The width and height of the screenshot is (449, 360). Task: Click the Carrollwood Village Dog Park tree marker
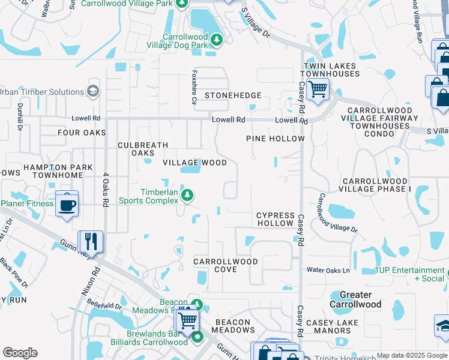click(x=217, y=40)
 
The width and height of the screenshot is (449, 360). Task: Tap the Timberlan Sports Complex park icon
click(x=188, y=194)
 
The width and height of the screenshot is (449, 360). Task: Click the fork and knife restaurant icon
click(x=91, y=241)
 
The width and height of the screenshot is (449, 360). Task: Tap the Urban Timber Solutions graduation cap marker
click(x=93, y=91)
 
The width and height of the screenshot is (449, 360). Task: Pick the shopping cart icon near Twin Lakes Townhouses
click(x=317, y=89)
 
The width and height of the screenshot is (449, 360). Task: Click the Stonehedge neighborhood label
click(x=233, y=95)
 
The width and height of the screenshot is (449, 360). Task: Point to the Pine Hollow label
click(x=276, y=139)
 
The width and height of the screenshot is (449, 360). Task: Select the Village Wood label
click(x=195, y=163)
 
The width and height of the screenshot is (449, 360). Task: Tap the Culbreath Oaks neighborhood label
click(x=143, y=149)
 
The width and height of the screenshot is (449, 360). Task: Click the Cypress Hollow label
click(x=276, y=219)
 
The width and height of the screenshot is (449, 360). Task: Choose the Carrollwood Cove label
click(x=226, y=265)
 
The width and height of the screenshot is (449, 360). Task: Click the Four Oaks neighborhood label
click(x=82, y=133)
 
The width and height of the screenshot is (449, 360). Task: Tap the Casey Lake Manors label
click(x=332, y=326)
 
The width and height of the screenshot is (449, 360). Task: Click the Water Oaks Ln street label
click(x=328, y=271)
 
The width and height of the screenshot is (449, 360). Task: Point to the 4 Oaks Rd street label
click(x=105, y=190)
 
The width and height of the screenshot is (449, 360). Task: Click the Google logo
click(x=20, y=353)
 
